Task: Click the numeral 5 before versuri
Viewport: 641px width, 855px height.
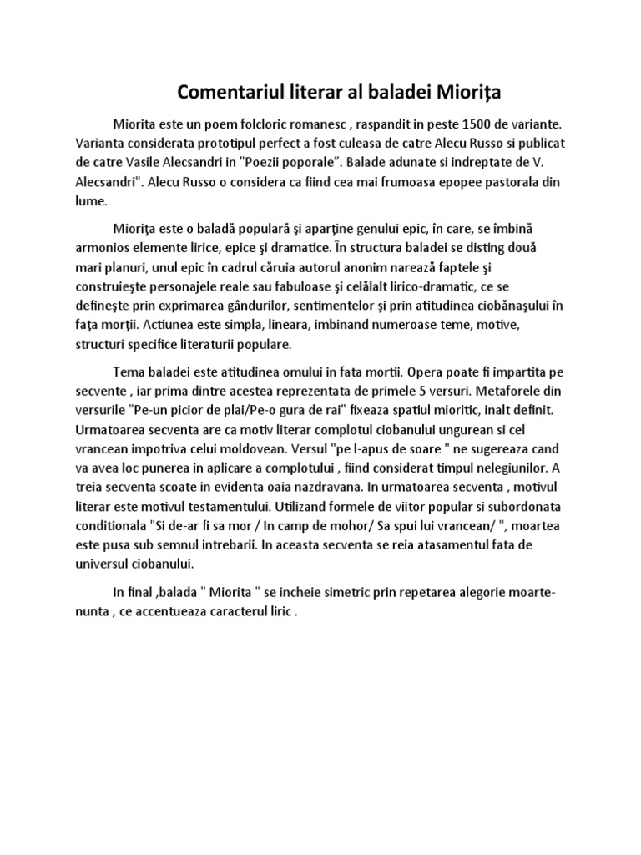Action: pyautogui.click(x=394, y=391)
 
